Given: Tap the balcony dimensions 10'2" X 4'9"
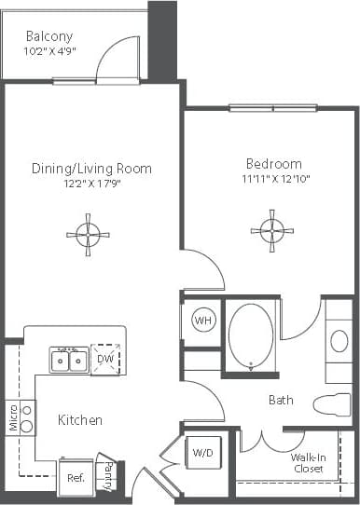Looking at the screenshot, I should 50,51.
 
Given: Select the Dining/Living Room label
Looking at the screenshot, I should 91,169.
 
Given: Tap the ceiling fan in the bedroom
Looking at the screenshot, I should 271,229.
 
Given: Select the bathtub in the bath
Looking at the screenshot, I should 251,334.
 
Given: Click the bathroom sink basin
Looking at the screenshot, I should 339,340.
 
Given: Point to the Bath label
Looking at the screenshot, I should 281,400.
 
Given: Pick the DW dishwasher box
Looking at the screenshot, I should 105,359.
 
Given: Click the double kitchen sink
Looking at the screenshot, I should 69,359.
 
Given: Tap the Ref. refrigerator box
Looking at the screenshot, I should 76,476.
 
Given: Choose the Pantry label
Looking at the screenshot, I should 108,474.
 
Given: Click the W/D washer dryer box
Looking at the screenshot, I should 202,453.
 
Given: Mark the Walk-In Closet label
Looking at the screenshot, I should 307,463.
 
